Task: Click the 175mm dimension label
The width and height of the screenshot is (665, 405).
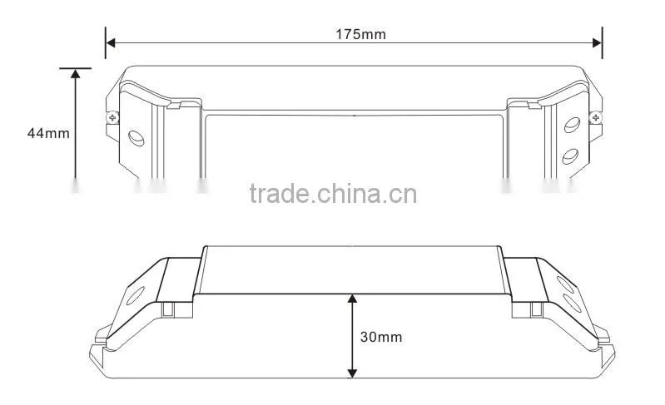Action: [361, 34]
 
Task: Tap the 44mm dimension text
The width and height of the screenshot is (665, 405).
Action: [48, 133]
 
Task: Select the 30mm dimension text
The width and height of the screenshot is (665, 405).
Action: [381, 337]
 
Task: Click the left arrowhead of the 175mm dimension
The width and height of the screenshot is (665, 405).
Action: [111, 42]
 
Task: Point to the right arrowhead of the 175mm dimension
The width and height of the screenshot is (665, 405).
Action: [597, 42]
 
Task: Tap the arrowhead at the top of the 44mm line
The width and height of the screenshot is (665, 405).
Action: [76, 74]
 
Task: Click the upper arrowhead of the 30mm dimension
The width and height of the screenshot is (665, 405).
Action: [352, 299]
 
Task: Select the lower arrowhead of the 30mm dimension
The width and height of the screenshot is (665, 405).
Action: [352, 373]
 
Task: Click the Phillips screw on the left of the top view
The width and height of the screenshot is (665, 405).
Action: [112, 117]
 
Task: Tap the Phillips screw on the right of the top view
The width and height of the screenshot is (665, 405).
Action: [596, 117]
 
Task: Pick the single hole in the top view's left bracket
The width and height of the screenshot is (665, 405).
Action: [136, 138]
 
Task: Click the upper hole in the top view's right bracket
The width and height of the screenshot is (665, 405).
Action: [572, 125]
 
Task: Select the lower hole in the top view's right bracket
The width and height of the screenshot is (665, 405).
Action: [570, 156]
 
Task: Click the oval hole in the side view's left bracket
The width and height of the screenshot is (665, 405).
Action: [136, 296]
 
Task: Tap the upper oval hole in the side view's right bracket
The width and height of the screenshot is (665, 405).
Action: [565, 284]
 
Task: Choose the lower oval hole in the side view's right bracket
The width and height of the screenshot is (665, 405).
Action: [573, 304]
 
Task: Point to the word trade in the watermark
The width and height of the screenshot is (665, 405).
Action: [280, 194]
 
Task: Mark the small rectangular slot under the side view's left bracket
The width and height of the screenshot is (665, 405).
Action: [168, 309]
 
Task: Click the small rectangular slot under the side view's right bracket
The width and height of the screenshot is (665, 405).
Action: [537, 309]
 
